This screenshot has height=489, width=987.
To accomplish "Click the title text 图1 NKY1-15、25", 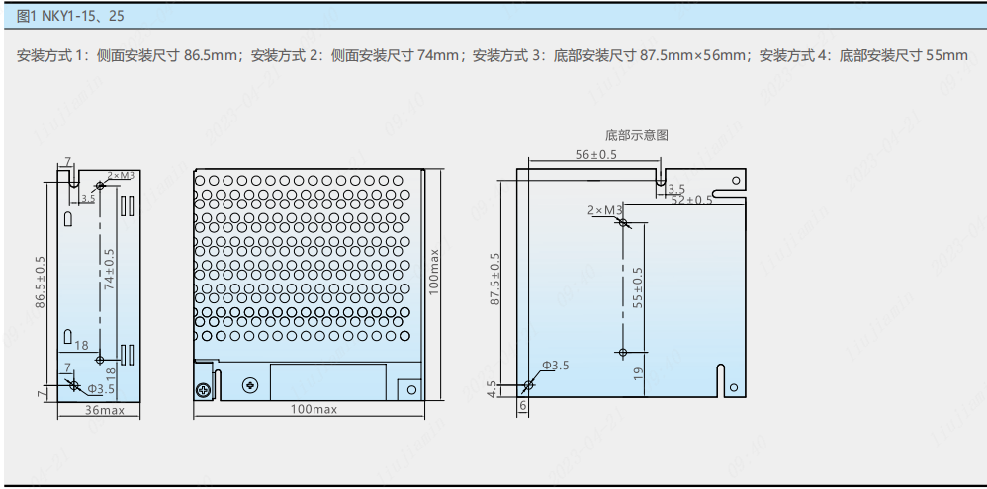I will pyautogui.click(x=71, y=16).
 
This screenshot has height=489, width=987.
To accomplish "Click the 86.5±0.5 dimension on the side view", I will pyautogui.click(x=41, y=282).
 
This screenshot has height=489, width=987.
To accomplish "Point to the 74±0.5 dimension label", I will pyautogui.click(x=109, y=268).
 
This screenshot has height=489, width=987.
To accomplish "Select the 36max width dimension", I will pyautogui.click(x=104, y=409).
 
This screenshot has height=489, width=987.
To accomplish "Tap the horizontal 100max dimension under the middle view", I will pyautogui.click(x=314, y=409).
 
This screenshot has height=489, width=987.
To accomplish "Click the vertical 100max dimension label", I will pyautogui.click(x=434, y=270).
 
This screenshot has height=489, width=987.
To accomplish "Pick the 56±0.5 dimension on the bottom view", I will pyautogui.click(x=595, y=155).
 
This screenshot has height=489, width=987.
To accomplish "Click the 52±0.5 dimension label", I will pyautogui.click(x=691, y=200).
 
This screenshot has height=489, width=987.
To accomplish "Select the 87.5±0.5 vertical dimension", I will pyautogui.click(x=496, y=280).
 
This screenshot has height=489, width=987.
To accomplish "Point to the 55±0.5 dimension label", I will pyautogui.click(x=638, y=286).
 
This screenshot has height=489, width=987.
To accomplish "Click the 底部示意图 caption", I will pyautogui.click(x=636, y=135).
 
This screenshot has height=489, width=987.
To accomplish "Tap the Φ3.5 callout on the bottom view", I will pyautogui.click(x=555, y=366).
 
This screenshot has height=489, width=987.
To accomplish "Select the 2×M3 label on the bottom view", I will pyautogui.click(x=603, y=210).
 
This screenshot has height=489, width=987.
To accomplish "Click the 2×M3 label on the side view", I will pyautogui.click(x=120, y=175).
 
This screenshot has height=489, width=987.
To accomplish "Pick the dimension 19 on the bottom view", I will pyautogui.click(x=638, y=373).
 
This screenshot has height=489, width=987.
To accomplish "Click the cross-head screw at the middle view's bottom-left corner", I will pyautogui.click(x=204, y=388).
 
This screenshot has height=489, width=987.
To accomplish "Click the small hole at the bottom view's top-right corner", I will pyautogui.click(x=734, y=180).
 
